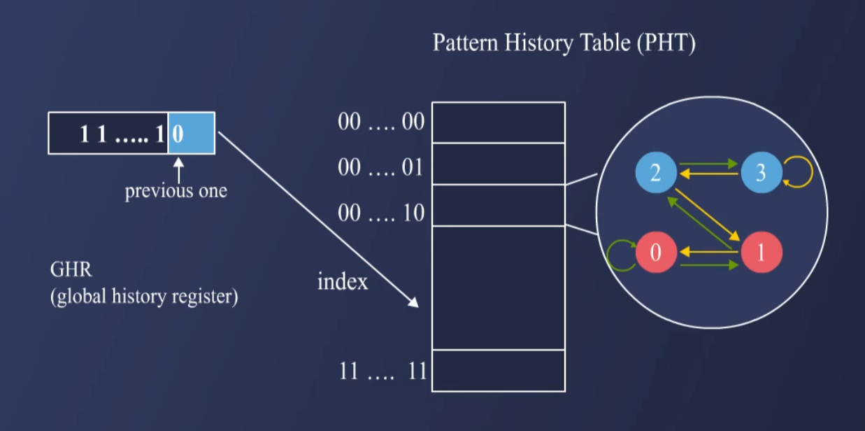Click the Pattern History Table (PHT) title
tap(564, 43)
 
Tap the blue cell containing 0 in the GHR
tap(191, 133)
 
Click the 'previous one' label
tap(176, 191)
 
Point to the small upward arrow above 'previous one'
tap(178, 169)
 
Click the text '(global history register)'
tap(144, 297)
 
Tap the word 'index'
tap(342, 282)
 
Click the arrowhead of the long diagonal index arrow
tap(414, 303)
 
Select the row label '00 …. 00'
tap(381, 122)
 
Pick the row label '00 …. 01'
tap(381, 168)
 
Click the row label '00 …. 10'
tap(381, 213)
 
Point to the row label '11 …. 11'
tap(383, 371)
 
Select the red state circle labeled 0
tap(655, 253)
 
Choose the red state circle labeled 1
tap(761, 253)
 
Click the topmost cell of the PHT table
tap(498, 122)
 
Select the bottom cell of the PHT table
tap(498, 370)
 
